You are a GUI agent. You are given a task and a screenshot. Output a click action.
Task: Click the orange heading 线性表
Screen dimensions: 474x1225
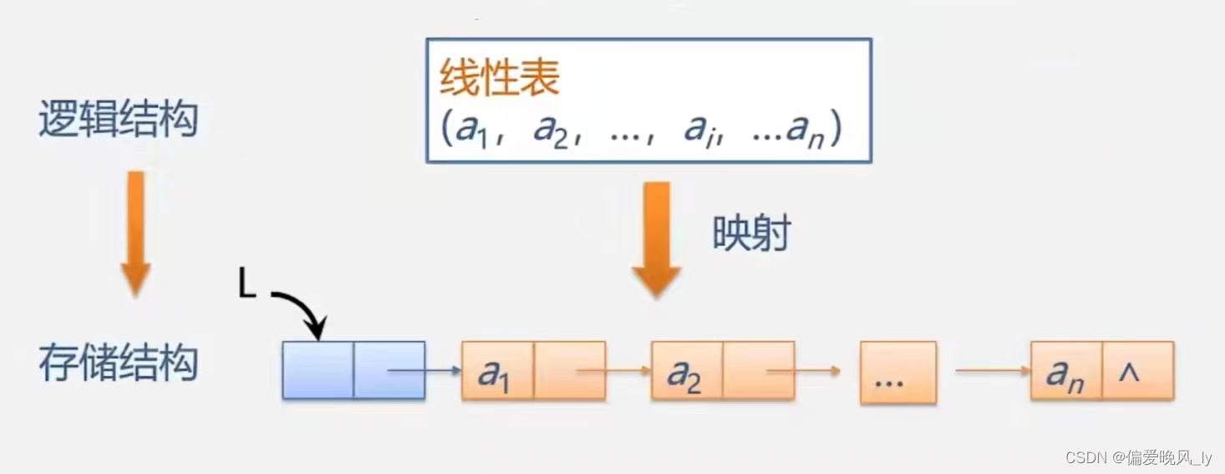[500, 79]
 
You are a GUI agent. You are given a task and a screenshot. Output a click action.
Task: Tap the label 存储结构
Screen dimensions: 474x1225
[118, 364]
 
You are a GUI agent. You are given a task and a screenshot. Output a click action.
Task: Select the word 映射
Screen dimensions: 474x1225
[751, 234]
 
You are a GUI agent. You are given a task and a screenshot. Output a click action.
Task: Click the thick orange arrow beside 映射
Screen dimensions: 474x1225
[657, 238]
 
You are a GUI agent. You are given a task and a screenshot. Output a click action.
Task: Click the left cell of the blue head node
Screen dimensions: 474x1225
[318, 370]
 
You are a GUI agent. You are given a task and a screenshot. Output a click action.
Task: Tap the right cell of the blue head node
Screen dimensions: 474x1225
[389, 370]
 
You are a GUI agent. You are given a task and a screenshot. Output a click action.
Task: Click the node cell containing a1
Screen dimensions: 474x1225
[497, 370]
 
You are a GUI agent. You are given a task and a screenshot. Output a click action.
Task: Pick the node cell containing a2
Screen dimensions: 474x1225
[687, 370]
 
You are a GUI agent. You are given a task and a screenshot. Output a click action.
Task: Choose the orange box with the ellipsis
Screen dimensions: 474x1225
[898, 372]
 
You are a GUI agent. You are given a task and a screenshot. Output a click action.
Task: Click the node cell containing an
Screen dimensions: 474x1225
[1065, 370]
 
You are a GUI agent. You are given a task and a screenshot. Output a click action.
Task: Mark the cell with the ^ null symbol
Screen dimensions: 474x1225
[1138, 370]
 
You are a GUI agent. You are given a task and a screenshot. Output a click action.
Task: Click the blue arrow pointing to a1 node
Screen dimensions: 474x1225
[424, 370]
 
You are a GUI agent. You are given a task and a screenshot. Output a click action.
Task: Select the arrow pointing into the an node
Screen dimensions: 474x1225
[993, 370]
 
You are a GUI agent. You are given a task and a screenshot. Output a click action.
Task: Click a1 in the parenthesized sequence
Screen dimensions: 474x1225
[470, 130]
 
